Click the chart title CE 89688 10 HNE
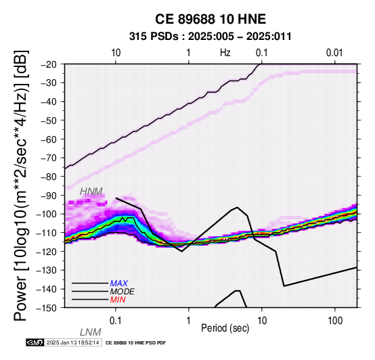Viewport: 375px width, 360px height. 211,19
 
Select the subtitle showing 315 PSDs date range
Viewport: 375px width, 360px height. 211,37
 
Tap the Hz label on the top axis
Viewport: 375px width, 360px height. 225,53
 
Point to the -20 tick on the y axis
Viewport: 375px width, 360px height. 49,64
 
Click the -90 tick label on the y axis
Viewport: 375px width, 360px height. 49,196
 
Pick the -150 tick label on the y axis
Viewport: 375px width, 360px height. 47,308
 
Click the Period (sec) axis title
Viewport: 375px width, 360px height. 225,328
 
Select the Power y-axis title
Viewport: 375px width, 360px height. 20,185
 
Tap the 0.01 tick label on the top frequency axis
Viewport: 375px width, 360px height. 334,53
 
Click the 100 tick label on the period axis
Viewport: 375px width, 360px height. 335,321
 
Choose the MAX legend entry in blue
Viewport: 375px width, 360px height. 119,284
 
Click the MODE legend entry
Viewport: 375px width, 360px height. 123,292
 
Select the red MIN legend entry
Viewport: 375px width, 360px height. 118,300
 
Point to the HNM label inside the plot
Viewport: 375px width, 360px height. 91,192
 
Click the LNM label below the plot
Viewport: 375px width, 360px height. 91,332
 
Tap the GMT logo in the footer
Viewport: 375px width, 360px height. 35,342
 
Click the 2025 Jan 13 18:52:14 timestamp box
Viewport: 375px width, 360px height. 73,342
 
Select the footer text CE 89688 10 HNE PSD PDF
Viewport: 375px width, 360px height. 135,343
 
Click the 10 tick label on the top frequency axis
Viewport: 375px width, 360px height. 116,53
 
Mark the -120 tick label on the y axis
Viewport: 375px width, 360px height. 47,251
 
